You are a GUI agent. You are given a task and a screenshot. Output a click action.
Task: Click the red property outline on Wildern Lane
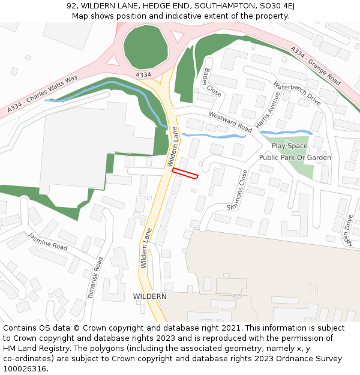coord(185,173)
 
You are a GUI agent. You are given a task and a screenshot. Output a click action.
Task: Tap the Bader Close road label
coord(212,82)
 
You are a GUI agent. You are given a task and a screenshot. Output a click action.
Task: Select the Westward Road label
coord(230,122)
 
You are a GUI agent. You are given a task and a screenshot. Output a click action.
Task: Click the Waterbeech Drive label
coord(298,94)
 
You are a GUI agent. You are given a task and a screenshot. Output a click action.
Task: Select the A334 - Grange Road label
coord(315,65)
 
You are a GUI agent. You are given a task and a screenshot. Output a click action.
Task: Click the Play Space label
coord(289,146)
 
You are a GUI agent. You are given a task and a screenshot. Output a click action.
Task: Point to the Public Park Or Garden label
coord(295,157)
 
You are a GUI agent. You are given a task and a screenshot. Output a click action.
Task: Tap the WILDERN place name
coord(149,296)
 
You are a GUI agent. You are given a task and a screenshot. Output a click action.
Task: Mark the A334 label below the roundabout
coord(143,75)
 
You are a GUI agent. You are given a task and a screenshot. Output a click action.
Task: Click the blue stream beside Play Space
coord(286,132)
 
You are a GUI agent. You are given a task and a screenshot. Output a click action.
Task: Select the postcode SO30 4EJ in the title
coord(274,6)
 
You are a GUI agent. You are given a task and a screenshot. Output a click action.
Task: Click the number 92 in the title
coord(72,6)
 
